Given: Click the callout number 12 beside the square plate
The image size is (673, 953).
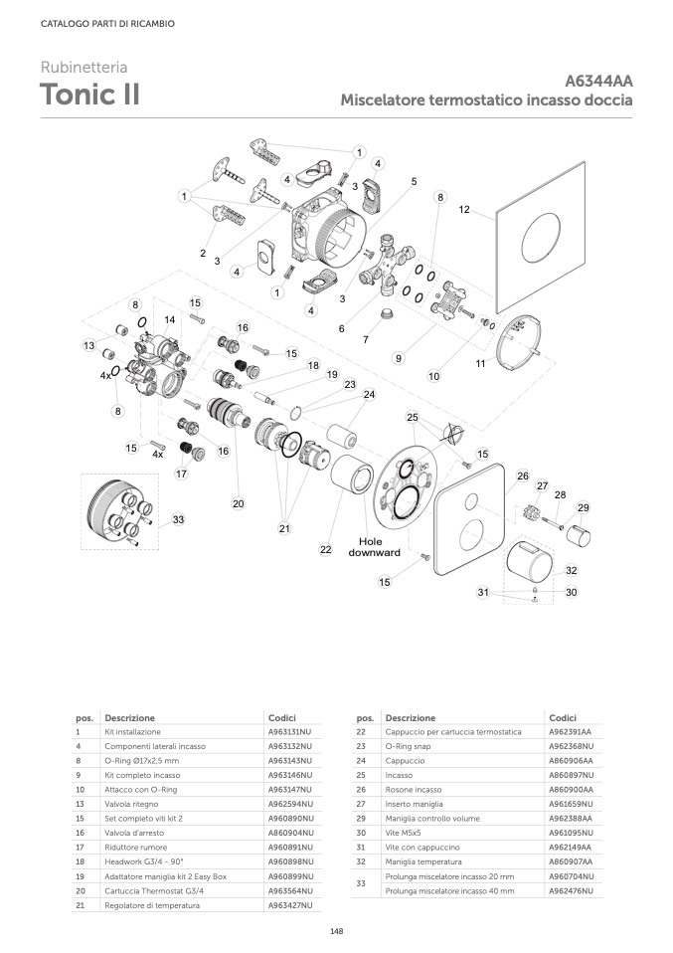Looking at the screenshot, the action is [x=464, y=210].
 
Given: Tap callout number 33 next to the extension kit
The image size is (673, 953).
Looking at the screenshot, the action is [x=178, y=519].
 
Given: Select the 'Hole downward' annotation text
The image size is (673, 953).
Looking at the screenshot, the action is [x=374, y=547].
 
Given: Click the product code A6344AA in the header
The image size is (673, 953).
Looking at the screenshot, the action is [x=598, y=81].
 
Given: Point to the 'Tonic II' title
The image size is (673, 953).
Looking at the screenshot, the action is [x=89, y=95].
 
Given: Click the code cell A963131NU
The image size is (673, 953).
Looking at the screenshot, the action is [x=289, y=732].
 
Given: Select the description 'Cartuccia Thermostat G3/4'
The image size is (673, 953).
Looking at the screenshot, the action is [x=154, y=891].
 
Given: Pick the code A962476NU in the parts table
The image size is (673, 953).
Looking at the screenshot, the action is [x=571, y=891].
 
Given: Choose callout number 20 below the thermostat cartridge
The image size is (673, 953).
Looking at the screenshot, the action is [x=239, y=503].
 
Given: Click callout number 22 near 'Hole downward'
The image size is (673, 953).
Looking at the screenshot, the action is [x=326, y=549].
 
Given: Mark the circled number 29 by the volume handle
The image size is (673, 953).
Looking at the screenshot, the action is [x=584, y=507].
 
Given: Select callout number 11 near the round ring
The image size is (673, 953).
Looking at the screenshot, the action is [x=480, y=363].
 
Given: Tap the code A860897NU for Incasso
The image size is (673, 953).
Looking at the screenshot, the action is [x=571, y=775].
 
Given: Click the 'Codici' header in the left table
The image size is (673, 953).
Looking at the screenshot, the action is [x=282, y=718].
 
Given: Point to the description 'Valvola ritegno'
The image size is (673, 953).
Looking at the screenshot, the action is [x=132, y=804].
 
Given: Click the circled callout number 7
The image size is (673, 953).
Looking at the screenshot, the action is [x=366, y=339].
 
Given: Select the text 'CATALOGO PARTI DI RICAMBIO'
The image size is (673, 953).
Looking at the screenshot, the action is [x=107, y=24].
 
